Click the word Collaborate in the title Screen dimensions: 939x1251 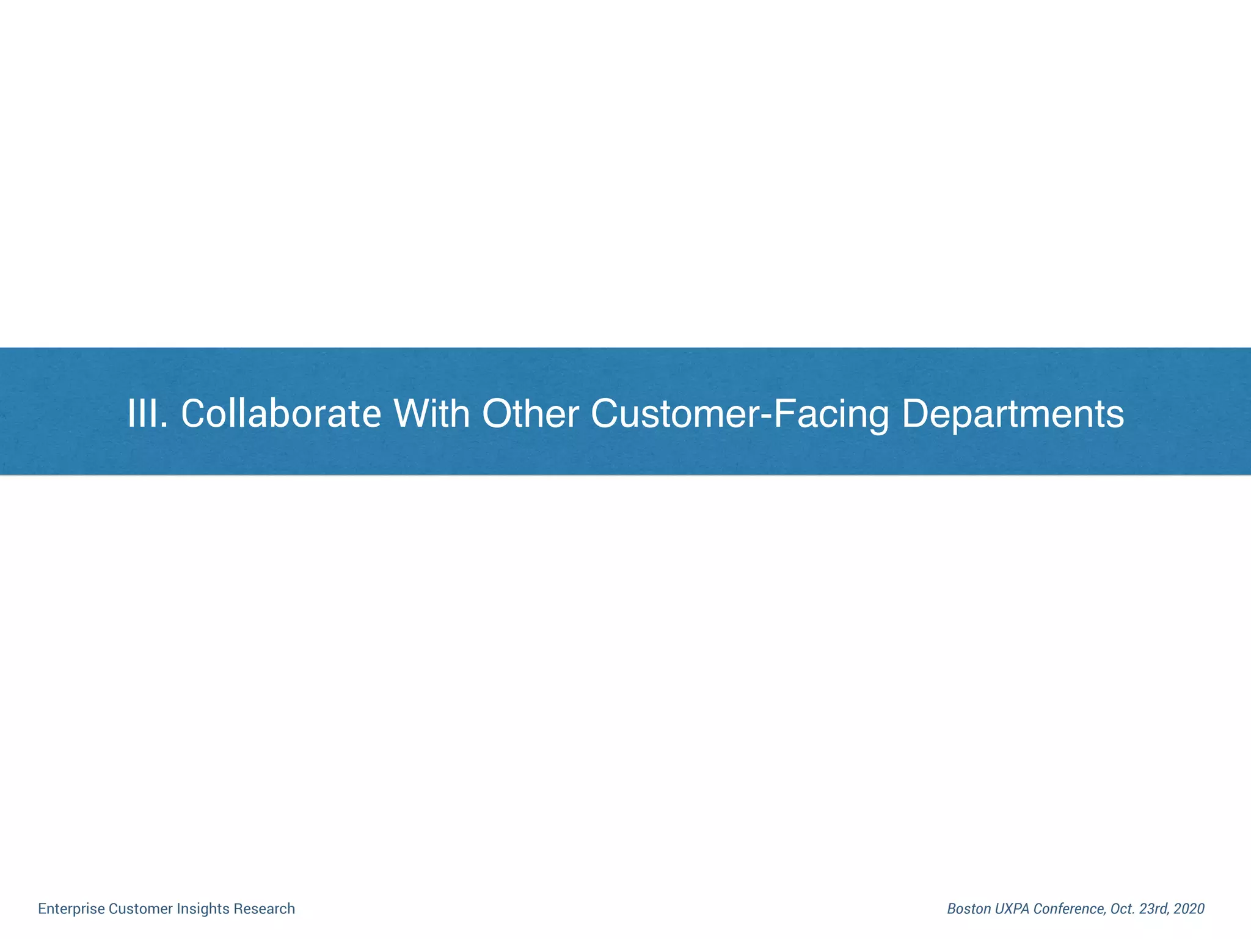pos(281,414)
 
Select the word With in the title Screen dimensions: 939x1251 pos(432,414)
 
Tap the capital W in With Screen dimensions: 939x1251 pos(410,414)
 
